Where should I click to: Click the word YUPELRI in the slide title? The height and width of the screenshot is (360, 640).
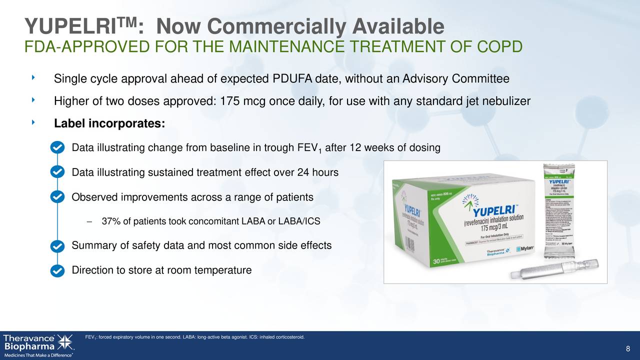pyautogui.click(x=70, y=26)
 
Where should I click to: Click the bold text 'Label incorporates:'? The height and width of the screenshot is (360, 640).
pyautogui.click(x=109, y=123)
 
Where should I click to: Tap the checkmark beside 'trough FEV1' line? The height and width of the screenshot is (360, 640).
pyautogui.click(x=57, y=148)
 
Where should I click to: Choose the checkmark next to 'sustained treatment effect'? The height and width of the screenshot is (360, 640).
pyautogui.click(x=57, y=171)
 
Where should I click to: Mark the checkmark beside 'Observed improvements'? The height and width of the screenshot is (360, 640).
pyautogui.click(x=57, y=196)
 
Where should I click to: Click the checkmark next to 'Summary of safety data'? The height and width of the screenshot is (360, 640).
pyautogui.click(x=57, y=246)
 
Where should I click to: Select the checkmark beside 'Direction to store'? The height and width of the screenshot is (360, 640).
pyautogui.click(x=57, y=270)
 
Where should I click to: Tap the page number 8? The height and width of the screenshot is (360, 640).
pyautogui.click(x=627, y=349)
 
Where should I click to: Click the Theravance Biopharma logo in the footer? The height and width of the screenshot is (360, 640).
pyautogui.click(x=38, y=344)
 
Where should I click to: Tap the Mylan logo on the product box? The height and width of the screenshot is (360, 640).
pyautogui.click(x=525, y=248)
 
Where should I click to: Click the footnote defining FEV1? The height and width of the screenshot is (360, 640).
pyautogui.click(x=195, y=336)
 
